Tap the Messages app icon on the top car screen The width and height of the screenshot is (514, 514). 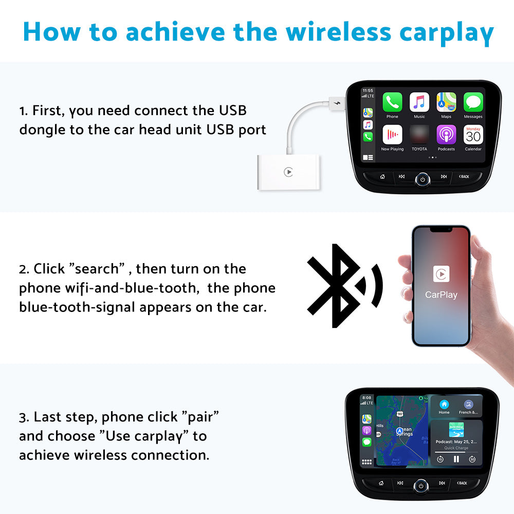point(473,102)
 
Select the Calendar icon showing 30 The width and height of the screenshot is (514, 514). point(473,135)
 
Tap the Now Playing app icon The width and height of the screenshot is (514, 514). point(392,135)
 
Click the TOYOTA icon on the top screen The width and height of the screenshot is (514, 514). point(419,135)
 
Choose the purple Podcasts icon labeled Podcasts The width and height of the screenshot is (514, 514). point(446,135)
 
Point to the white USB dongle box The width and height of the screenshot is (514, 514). point(288,173)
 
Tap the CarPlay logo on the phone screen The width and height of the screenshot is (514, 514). point(441,274)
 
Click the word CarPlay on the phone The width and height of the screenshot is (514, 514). point(441,295)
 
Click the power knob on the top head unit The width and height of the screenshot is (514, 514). point(422,179)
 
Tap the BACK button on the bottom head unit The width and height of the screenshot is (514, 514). point(462,483)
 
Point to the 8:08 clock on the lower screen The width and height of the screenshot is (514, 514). point(366,397)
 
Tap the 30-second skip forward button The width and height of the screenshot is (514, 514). point(472,459)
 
